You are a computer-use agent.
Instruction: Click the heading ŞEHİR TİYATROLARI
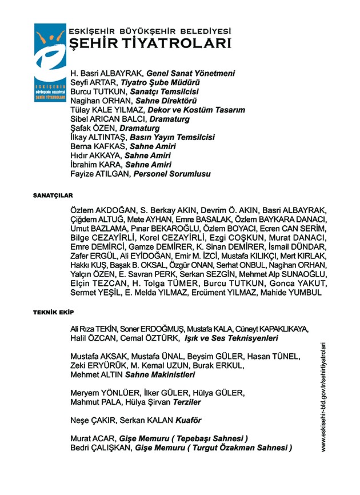149,43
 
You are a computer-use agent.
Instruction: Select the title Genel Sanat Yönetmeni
190,74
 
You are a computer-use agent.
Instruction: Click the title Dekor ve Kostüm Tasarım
196,110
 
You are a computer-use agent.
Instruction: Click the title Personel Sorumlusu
172,174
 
